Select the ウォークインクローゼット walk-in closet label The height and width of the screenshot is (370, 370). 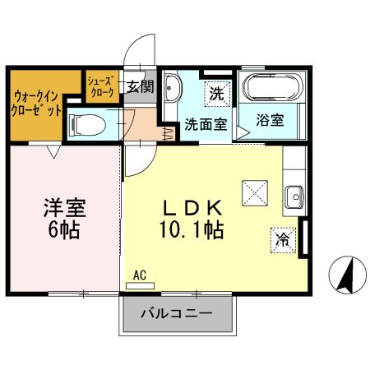36,104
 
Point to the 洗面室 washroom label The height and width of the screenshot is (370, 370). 205,125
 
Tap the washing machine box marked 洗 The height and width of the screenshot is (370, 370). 215,93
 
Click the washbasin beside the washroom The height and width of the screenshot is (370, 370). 173,88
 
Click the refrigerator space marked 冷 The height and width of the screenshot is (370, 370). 282,239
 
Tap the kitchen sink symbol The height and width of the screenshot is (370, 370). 294,196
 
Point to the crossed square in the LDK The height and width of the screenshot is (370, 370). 252,194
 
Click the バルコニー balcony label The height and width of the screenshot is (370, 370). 176,313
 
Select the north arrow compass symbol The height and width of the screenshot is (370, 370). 346,274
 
